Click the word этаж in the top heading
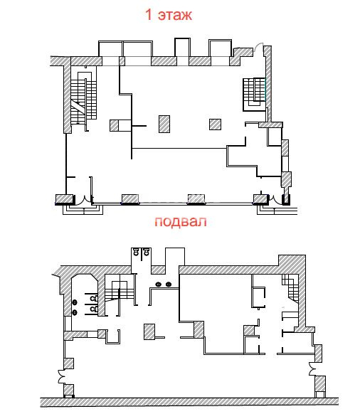click(x=175, y=15)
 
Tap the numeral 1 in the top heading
click(x=149, y=14)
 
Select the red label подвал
click(x=181, y=222)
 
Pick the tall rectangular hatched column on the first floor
click(x=164, y=124)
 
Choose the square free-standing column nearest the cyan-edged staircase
click(x=216, y=124)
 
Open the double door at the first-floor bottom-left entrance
click(x=83, y=199)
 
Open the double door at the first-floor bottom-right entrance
click(x=275, y=199)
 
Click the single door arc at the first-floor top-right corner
click(x=260, y=47)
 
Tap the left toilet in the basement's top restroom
click(x=136, y=252)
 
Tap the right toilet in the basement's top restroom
click(x=146, y=252)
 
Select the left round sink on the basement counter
click(x=159, y=285)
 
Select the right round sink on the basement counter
click(x=169, y=285)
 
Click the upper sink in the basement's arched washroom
click(x=75, y=302)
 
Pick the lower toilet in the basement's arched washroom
click(x=94, y=309)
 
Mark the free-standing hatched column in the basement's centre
click(x=149, y=331)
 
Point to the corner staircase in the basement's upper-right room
click(x=290, y=288)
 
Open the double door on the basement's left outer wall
click(x=62, y=376)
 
